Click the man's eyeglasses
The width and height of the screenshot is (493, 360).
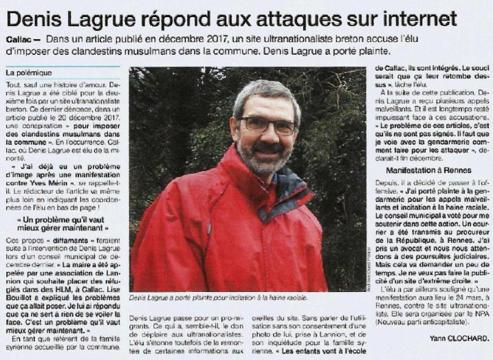pos(266,124)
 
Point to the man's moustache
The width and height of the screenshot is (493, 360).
pos(268,148)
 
